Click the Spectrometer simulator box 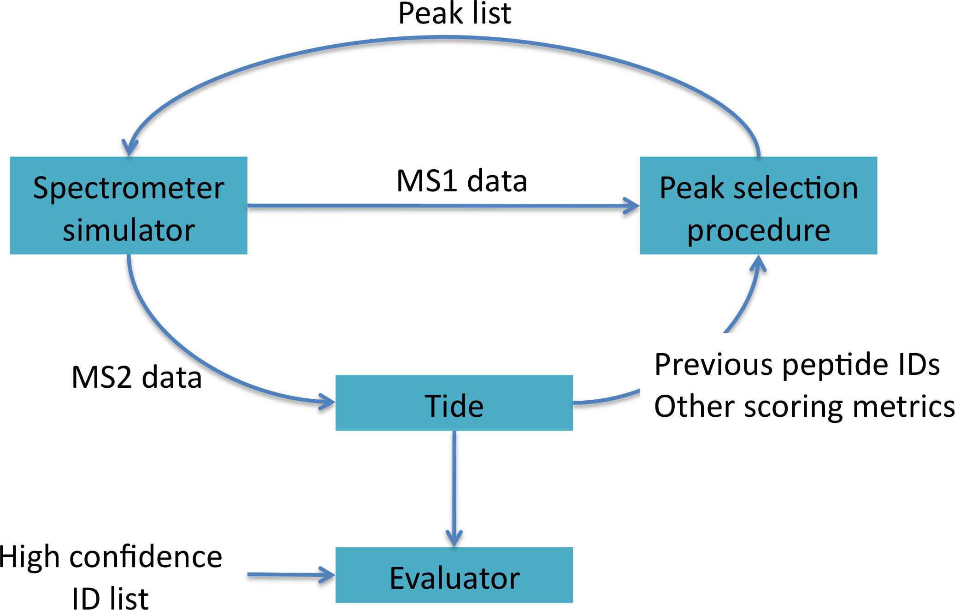pyautogui.click(x=129, y=205)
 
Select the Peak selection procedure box pyautogui.click(x=758, y=205)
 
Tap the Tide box pyautogui.click(x=454, y=403)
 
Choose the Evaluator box pyautogui.click(x=454, y=575)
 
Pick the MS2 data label pyautogui.click(x=137, y=377)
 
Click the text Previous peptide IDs pyautogui.click(x=797, y=364)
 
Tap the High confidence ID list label pyautogui.click(x=111, y=577)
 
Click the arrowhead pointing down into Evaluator pyautogui.click(x=454, y=539)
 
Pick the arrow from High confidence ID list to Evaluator pyautogui.click(x=291, y=574)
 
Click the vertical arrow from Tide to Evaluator pyautogui.click(x=454, y=489)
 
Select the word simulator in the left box pyautogui.click(x=129, y=230)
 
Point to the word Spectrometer pyautogui.click(x=129, y=189)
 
